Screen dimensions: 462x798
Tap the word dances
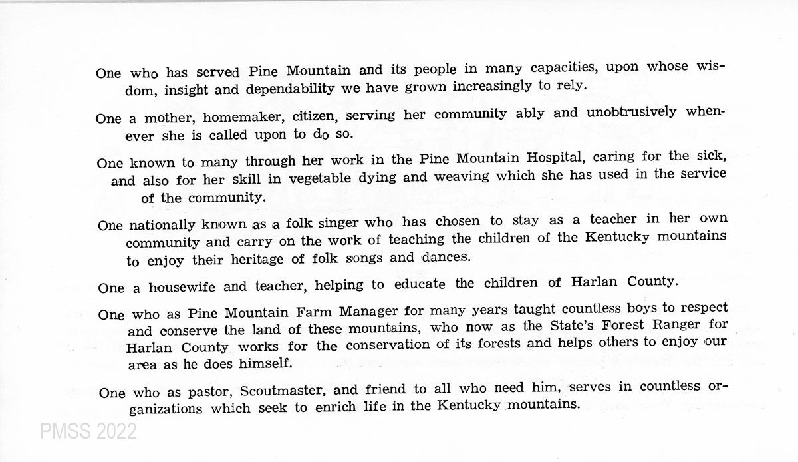[x=441, y=257]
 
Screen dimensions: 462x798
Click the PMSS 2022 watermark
[x=88, y=432]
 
